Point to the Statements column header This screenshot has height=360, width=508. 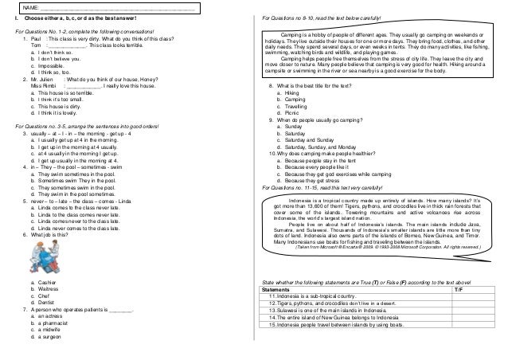click(281, 290)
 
